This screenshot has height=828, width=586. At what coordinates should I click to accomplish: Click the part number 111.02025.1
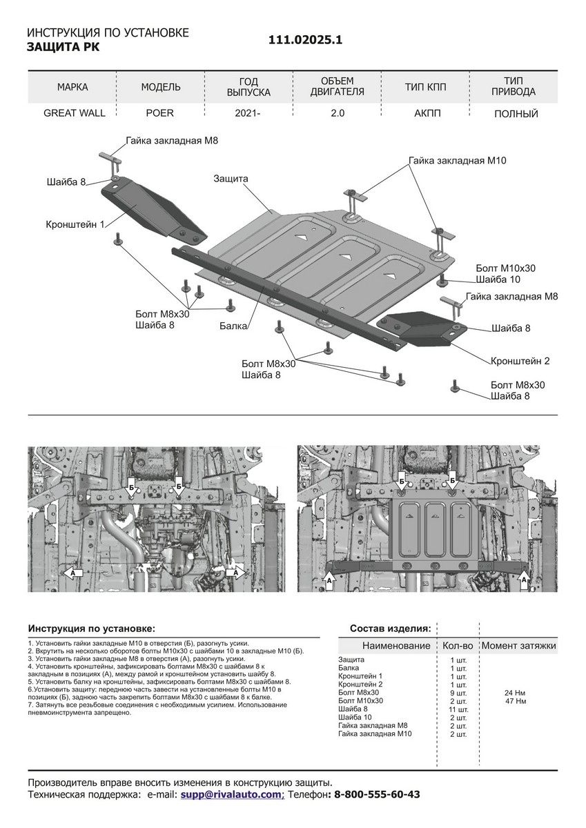pyautogui.click(x=305, y=41)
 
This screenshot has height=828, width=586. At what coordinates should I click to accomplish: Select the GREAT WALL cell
pyautogui.click(x=75, y=113)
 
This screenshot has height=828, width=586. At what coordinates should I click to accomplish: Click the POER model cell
pyautogui.click(x=159, y=113)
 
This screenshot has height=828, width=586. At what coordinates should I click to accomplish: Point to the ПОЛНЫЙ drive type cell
pyautogui.click(x=516, y=114)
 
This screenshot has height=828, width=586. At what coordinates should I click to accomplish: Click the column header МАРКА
pyautogui.click(x=72, y=87)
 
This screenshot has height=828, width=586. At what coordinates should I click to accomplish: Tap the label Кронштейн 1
pyautogui.click(x=75, y=224)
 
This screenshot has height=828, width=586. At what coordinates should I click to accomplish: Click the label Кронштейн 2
pyautogui.click(x=520, y=361)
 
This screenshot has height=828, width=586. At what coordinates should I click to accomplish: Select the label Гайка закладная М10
pyautogui.click(x=458, y=160)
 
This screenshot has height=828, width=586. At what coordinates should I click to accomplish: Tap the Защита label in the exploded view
pyautogui.click(x=231, y=179)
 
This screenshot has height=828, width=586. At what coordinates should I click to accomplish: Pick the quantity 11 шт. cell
pyautogui.click(x=458, y=709)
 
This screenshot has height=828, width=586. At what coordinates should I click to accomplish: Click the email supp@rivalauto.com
pyautogui.click(x=232, y=795)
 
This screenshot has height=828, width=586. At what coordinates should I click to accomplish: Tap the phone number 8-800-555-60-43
pyautogui.click(x=376, y=795)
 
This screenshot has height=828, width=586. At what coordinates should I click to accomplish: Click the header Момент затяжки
pyautogui.click(x=518, y=646)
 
